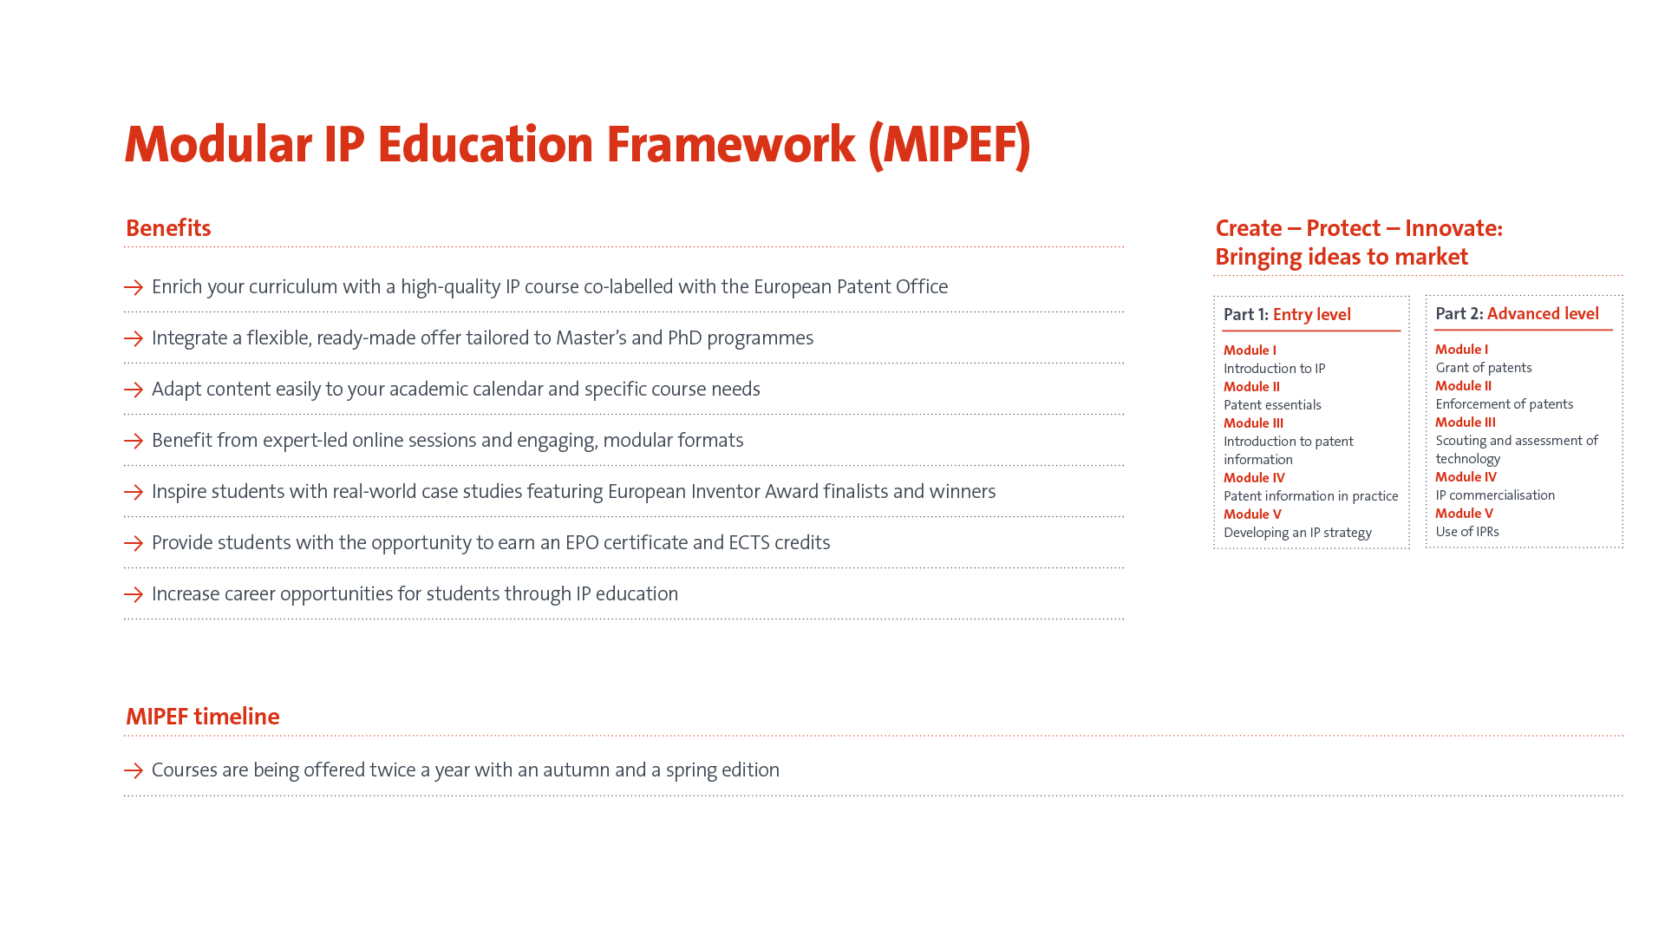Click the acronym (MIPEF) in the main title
(x=950, y=144)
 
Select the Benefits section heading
(x=168, y=228)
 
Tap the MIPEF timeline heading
(x=203, y=717)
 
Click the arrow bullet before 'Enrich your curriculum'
(x=134, y=287)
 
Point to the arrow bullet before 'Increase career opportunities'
(x=134, y=594)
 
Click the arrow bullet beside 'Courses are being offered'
(x=134, y=770)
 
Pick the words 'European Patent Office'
(x=851, y=287)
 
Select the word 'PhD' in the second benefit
(x=685, y=338)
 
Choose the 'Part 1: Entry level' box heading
(x=1287, y=315)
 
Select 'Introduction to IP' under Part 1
(x=1275, y=369)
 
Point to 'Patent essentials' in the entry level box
(x=1272, y=405)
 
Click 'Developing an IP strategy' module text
(x=1297, y=533)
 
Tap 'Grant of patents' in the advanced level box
(x=1484, y=368)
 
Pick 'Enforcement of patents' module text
(x=1505, y=404)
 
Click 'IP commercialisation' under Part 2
(x=1495, y=495)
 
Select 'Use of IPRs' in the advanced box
(x=1467, y=532)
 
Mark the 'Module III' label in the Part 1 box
(x=1253, y=423)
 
